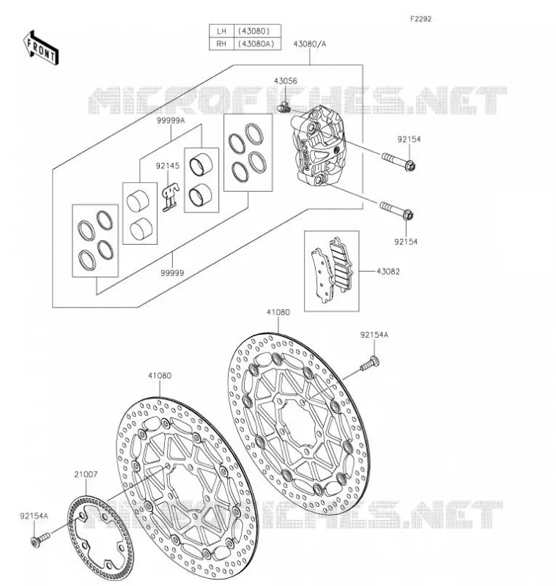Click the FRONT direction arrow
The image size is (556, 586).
click(x=41, y=48)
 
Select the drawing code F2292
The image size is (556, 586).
click(x=420, y=19)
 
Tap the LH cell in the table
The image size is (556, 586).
click(x=221, y=31)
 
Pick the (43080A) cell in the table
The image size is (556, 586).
click(x=256, y=44)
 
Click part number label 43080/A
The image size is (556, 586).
click(x=309, y=44)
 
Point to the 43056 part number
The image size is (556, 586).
click(x=286, y=81)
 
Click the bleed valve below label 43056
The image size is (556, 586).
click(x=284, y=107)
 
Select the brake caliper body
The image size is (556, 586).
click(x=319, y=145)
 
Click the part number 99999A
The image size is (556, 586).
click(x=171, y=120)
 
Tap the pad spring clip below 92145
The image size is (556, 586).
click(x=171, y=197)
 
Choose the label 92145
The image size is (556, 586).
click(x=168, y=166)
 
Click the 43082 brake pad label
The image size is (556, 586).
click(x=388, y=272)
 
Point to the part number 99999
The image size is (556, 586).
click(x=172, y=273)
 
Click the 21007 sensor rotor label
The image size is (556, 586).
click(x=86, y=474)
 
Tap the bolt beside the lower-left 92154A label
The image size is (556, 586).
click(x=40, y=540)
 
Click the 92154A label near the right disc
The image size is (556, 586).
click(x=374, y=335)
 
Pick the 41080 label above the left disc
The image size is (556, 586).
click(x=160, y=376)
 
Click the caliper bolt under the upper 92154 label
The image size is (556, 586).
click(x=399, y=160)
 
